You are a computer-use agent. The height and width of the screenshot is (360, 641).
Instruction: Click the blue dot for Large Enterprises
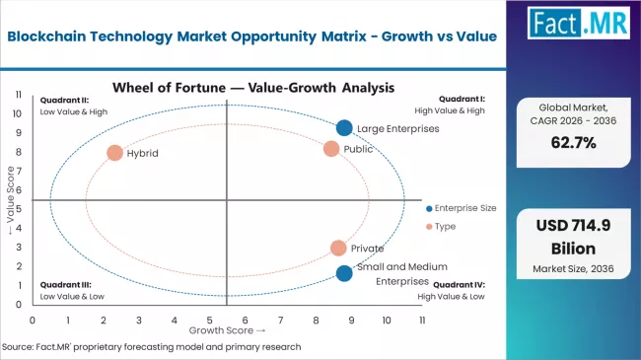coord(343,127)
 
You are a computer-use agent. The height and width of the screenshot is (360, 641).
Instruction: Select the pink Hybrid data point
coord(114,153)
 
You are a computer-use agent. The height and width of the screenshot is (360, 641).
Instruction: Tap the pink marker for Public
coord(331,148)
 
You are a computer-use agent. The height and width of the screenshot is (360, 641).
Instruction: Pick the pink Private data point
coord(338,249)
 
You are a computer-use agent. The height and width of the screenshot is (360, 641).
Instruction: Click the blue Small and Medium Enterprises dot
coord(343,273)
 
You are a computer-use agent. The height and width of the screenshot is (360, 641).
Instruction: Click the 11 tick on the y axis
coord(19,94)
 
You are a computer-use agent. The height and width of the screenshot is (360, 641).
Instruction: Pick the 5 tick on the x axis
coord(209,321)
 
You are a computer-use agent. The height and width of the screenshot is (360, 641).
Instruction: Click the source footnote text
coord(152,347)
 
